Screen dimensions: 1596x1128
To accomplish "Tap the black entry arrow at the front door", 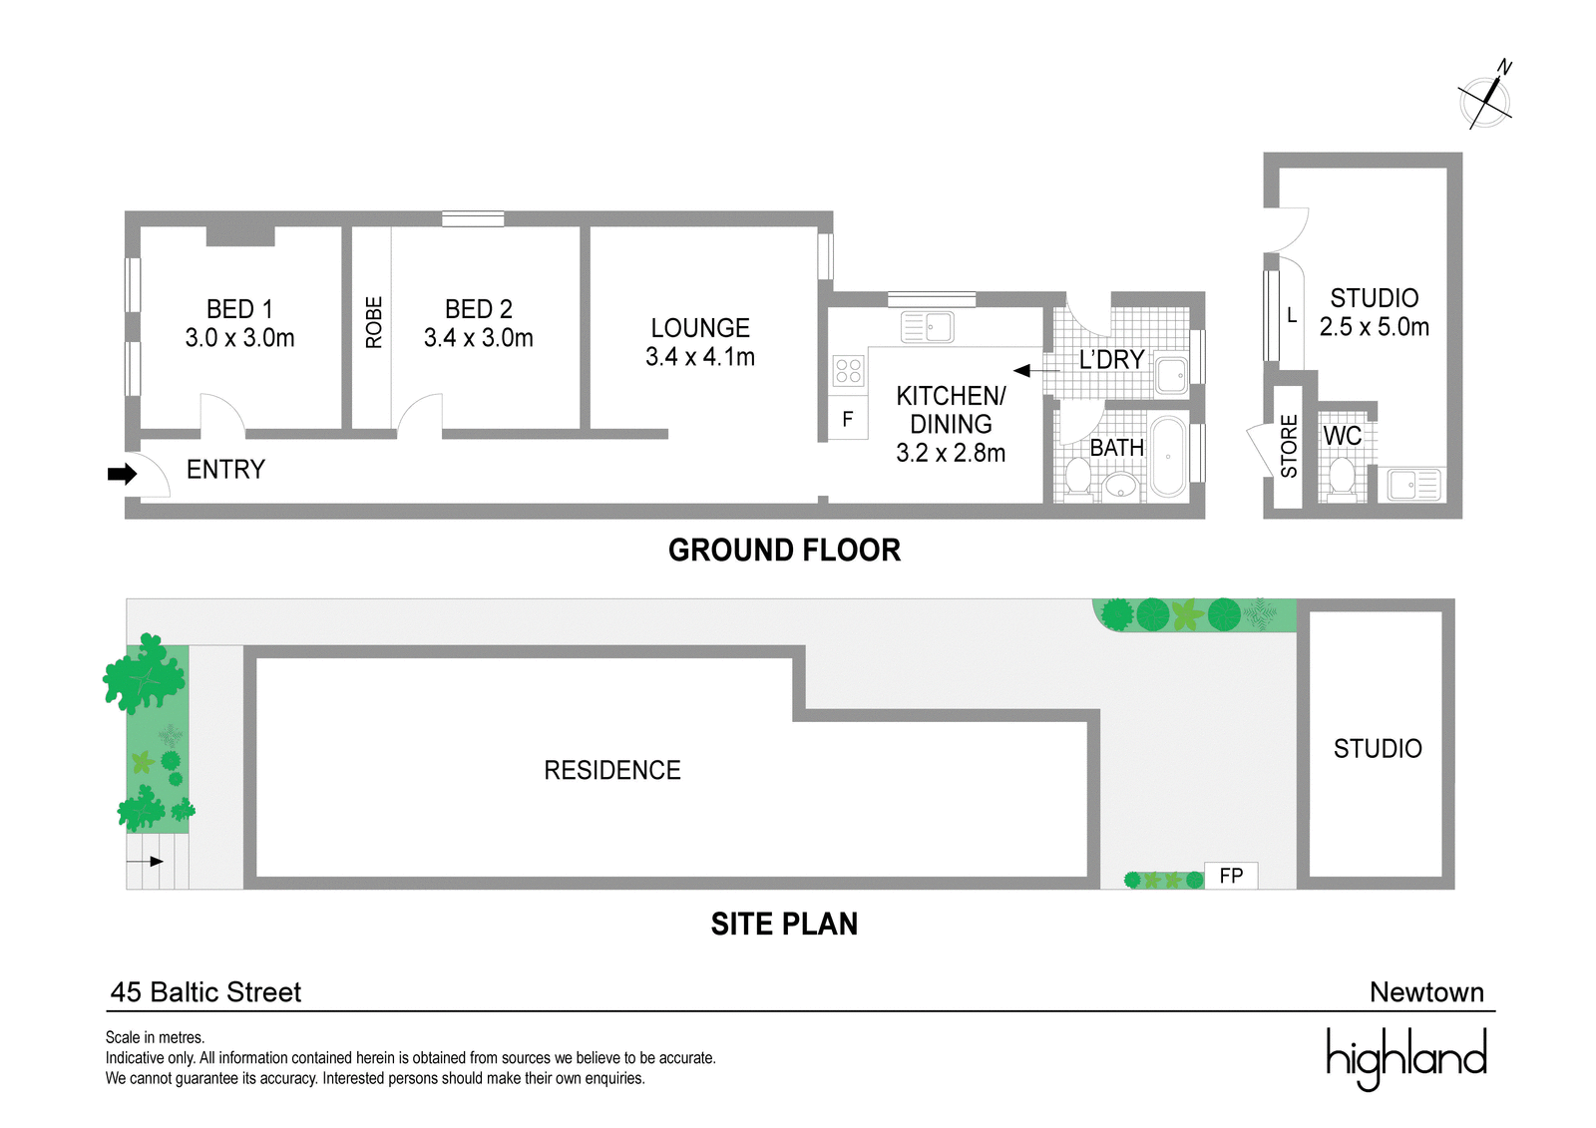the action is pos(122,474).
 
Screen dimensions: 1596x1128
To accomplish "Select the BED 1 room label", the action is pos(239,309).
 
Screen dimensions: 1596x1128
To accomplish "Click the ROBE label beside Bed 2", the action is pos(373,322).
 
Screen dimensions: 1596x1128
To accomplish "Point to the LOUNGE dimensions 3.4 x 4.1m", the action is pos(699,356).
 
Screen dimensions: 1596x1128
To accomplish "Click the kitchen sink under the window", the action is pos(927,327).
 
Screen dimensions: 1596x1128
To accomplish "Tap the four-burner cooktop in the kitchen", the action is pos(849,371).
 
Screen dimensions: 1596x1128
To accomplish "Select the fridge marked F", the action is pos(848,419).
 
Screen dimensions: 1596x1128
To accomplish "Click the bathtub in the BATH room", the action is pos(1168,457).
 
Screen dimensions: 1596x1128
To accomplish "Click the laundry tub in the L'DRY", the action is pos(1171,373).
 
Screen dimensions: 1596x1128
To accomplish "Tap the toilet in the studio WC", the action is pos(1342,478).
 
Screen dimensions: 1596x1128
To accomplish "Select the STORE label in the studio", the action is pos(1289,446).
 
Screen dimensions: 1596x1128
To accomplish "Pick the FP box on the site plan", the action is pos(1231,876).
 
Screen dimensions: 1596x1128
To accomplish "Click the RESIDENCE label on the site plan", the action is pos(612,770).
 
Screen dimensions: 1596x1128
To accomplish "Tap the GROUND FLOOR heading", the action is pos(784,551).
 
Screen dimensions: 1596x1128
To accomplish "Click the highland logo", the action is pos(1406,1057).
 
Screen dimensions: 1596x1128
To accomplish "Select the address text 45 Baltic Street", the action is pos(205,992).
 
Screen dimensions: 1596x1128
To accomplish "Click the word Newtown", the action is pos(1426,992).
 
